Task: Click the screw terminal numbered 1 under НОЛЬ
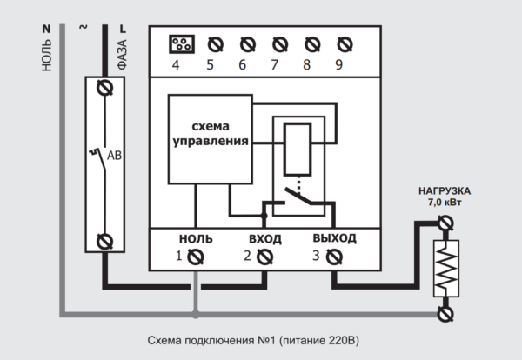(196, 257)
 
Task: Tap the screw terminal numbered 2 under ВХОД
(265, 257)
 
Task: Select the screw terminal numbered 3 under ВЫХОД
(334, 257)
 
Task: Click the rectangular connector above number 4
(182, 44)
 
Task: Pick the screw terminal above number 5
(216, 44)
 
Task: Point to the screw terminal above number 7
(280, 44)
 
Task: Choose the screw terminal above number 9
(345, 44)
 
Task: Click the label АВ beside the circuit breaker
(114, 156)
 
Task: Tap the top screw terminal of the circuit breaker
(105, 88)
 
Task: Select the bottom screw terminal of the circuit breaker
(105, 242)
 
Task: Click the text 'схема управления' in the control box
(211, 134)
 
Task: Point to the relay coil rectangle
(298, 149)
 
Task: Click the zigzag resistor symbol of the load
(446, 268)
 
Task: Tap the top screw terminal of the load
(445, 223)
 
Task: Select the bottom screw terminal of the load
(445, 314)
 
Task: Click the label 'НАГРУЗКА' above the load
(445, 191)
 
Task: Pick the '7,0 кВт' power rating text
(445, 203)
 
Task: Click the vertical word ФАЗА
(123, 54)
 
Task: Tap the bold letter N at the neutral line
(46, 30)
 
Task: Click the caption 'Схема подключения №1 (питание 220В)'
(253, 341)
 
